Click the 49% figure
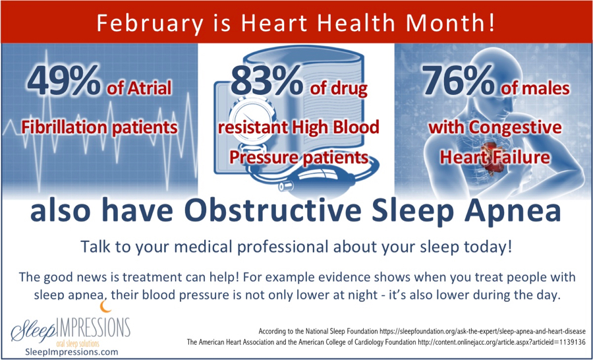coord(63,81)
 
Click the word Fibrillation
coord(61,127)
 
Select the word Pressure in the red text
coord(260,157)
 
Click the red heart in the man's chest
coord(493,160)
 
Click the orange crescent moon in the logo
coord(105,307)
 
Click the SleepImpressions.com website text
coord(71,351)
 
